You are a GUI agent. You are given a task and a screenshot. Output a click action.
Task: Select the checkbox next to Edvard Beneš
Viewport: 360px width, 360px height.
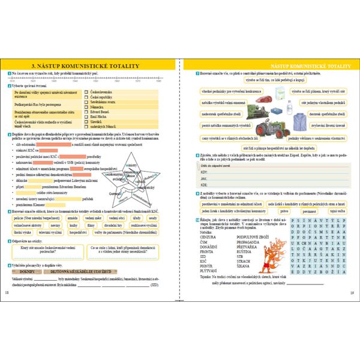(x=88, y=111)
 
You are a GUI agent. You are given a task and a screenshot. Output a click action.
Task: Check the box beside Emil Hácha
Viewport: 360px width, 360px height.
(x=88, y=116)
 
